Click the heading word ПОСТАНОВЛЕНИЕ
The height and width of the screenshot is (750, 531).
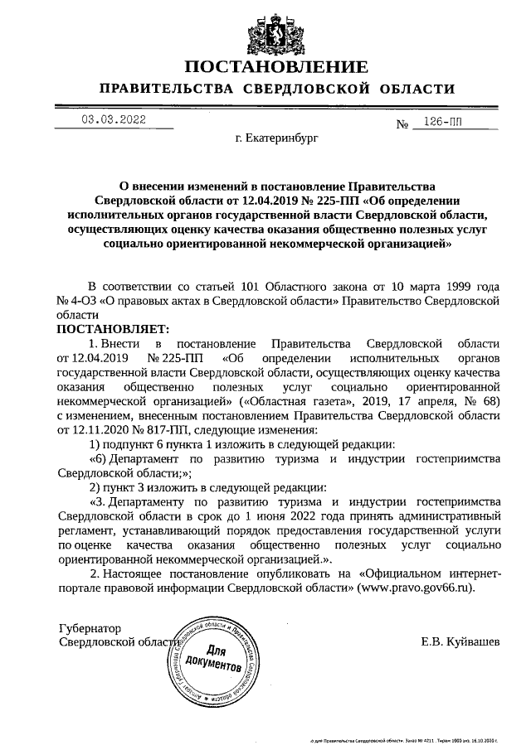275,67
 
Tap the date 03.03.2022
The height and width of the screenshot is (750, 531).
114,119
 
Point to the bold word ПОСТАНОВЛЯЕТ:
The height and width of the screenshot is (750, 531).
112,329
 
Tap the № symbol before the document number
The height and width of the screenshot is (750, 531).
404,126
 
